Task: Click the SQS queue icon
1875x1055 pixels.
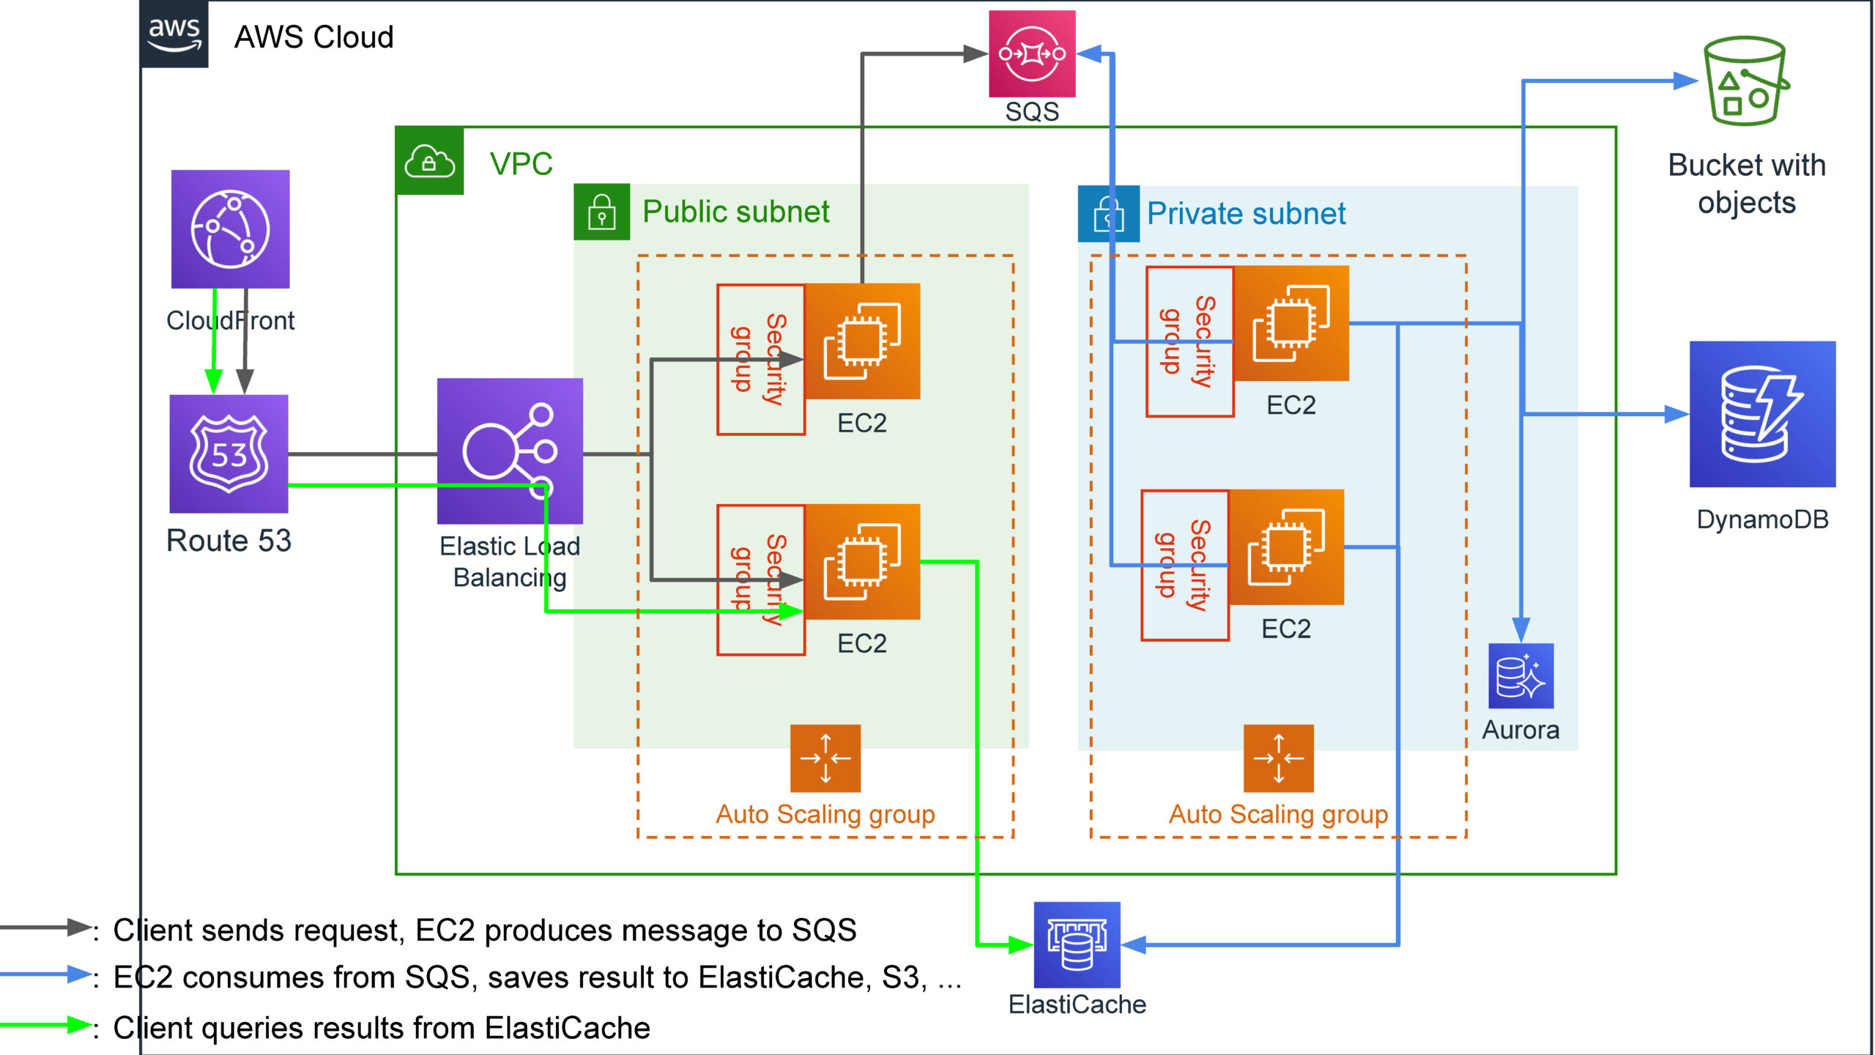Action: coord(1032,53)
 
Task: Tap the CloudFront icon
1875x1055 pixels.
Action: coord(230,229)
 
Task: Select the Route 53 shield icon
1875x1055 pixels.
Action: coord(229,454)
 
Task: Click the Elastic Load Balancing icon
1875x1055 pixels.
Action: coord(510,451)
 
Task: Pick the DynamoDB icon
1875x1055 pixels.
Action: coord(1761,414)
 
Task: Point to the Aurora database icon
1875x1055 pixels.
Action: coord(1521,675)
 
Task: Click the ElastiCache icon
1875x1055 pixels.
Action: coord(1077,944)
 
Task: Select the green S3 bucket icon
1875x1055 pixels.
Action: coord(1745,82)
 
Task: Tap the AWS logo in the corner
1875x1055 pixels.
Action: coord(174,34)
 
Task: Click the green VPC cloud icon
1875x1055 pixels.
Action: coord(429,160)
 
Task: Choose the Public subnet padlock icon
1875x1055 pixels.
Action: coord(601,212)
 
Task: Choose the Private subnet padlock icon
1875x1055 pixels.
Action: coord(1108,214)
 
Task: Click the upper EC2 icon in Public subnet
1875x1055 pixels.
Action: coord(862,341)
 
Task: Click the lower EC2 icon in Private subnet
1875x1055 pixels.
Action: coord(1286,547)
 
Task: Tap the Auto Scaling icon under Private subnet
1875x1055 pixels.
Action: coord(1278,758)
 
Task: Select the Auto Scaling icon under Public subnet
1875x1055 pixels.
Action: coord(825,758)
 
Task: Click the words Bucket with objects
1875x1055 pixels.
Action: coord(1746,183)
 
